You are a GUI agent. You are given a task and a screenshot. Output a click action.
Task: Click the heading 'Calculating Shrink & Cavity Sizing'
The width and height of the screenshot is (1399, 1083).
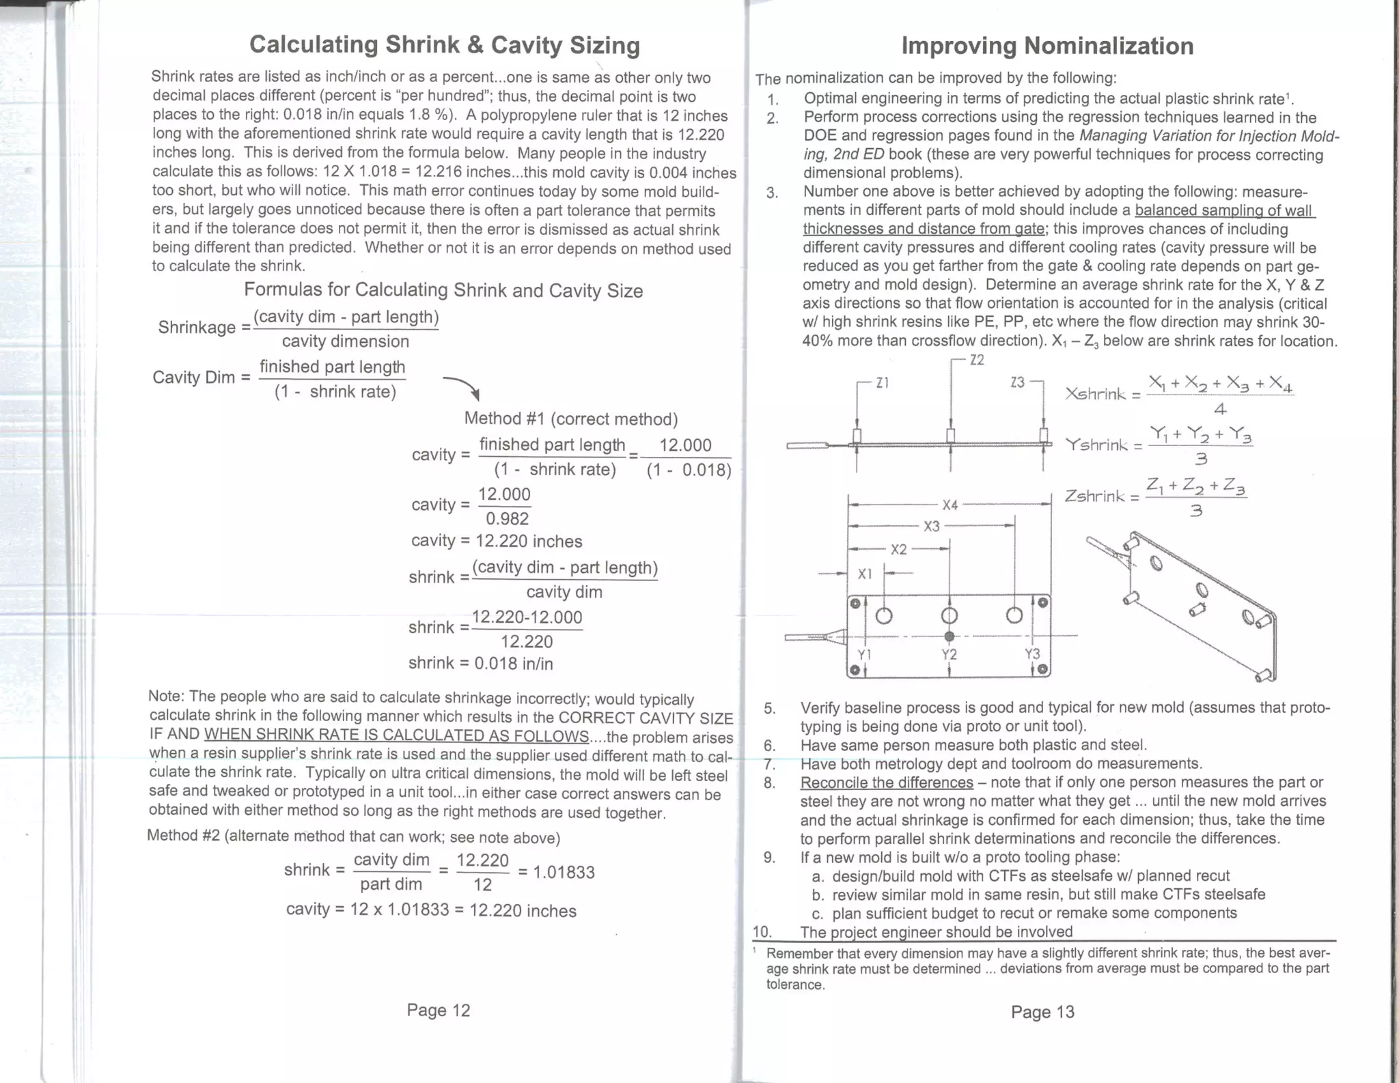[444, 44]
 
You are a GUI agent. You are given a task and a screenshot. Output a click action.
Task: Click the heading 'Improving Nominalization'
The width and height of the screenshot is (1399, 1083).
[1047, 46]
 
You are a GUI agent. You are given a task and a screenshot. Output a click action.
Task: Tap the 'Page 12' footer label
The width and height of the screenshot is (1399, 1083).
[438, 1010]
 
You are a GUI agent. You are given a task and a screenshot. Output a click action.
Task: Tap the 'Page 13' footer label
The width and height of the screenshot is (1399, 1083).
[1042, 1011]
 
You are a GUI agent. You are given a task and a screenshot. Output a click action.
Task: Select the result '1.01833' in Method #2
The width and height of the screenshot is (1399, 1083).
[563, 872]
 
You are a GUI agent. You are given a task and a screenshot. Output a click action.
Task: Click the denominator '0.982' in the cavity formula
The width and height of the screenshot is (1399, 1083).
[507, 518]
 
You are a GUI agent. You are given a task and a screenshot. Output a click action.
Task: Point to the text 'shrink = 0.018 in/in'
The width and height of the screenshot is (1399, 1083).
[480, 663]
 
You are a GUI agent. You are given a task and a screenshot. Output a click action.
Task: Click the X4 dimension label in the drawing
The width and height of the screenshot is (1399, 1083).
[950, 505]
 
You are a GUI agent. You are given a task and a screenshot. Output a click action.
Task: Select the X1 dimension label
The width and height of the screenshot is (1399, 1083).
[865, 574]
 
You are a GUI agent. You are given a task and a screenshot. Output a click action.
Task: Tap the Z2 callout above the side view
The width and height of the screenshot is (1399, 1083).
[977, 360]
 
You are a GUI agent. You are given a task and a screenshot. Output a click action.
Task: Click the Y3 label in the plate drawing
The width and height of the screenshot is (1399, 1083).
[1032, 653]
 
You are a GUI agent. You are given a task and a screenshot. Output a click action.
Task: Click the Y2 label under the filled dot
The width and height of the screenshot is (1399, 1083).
[949, 654]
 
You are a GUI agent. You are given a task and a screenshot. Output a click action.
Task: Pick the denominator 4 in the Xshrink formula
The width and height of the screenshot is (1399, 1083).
[1220, 410]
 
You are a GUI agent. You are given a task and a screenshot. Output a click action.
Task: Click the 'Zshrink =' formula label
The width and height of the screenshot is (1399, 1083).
[1102, 496]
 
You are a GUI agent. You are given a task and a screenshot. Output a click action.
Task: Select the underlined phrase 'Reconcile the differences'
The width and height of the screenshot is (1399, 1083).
[886, 783]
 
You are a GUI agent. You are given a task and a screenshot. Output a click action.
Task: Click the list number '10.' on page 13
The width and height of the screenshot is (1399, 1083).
[762, 931]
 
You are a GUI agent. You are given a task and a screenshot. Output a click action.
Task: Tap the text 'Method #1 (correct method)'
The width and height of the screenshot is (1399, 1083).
[570, 419]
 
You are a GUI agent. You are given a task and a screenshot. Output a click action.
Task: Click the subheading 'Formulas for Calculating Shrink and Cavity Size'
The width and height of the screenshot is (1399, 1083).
[443, 290]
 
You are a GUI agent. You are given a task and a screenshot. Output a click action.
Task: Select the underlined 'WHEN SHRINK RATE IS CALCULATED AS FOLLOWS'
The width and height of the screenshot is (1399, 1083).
[396, 736]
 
